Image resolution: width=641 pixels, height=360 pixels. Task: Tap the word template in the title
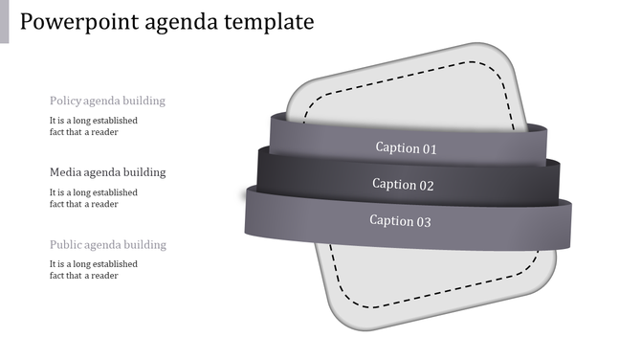tap(270, 21)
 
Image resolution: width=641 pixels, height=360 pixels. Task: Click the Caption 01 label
tap(406, 148)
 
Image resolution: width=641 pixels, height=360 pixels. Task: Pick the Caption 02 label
tap(403, 185)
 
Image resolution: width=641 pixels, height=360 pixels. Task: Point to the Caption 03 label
tap(401, 221)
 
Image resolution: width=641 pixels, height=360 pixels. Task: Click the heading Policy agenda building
tap(107, 101)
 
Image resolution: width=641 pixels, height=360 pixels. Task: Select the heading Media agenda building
tap(107, 172)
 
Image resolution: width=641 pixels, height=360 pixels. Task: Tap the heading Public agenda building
tap(107, 244)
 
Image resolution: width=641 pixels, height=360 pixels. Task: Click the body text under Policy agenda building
tap(94, 126)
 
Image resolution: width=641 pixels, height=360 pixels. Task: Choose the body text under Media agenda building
tap(94, 198)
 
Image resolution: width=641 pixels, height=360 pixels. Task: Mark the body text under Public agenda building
tap(94, 270)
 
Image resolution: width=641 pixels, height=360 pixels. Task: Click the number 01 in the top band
tap(430, 148)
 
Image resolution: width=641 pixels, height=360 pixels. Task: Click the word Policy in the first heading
tap(65, 101)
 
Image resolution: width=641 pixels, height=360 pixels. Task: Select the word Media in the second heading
tap(65, 172)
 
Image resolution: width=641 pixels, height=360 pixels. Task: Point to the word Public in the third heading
tap(65, 244)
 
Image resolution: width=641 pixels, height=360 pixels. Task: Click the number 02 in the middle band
tap(426, 185)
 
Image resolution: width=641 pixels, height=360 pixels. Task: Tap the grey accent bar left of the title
tap(4, 21)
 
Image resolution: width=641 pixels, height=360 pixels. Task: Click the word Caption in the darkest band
tap(393, 185)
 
